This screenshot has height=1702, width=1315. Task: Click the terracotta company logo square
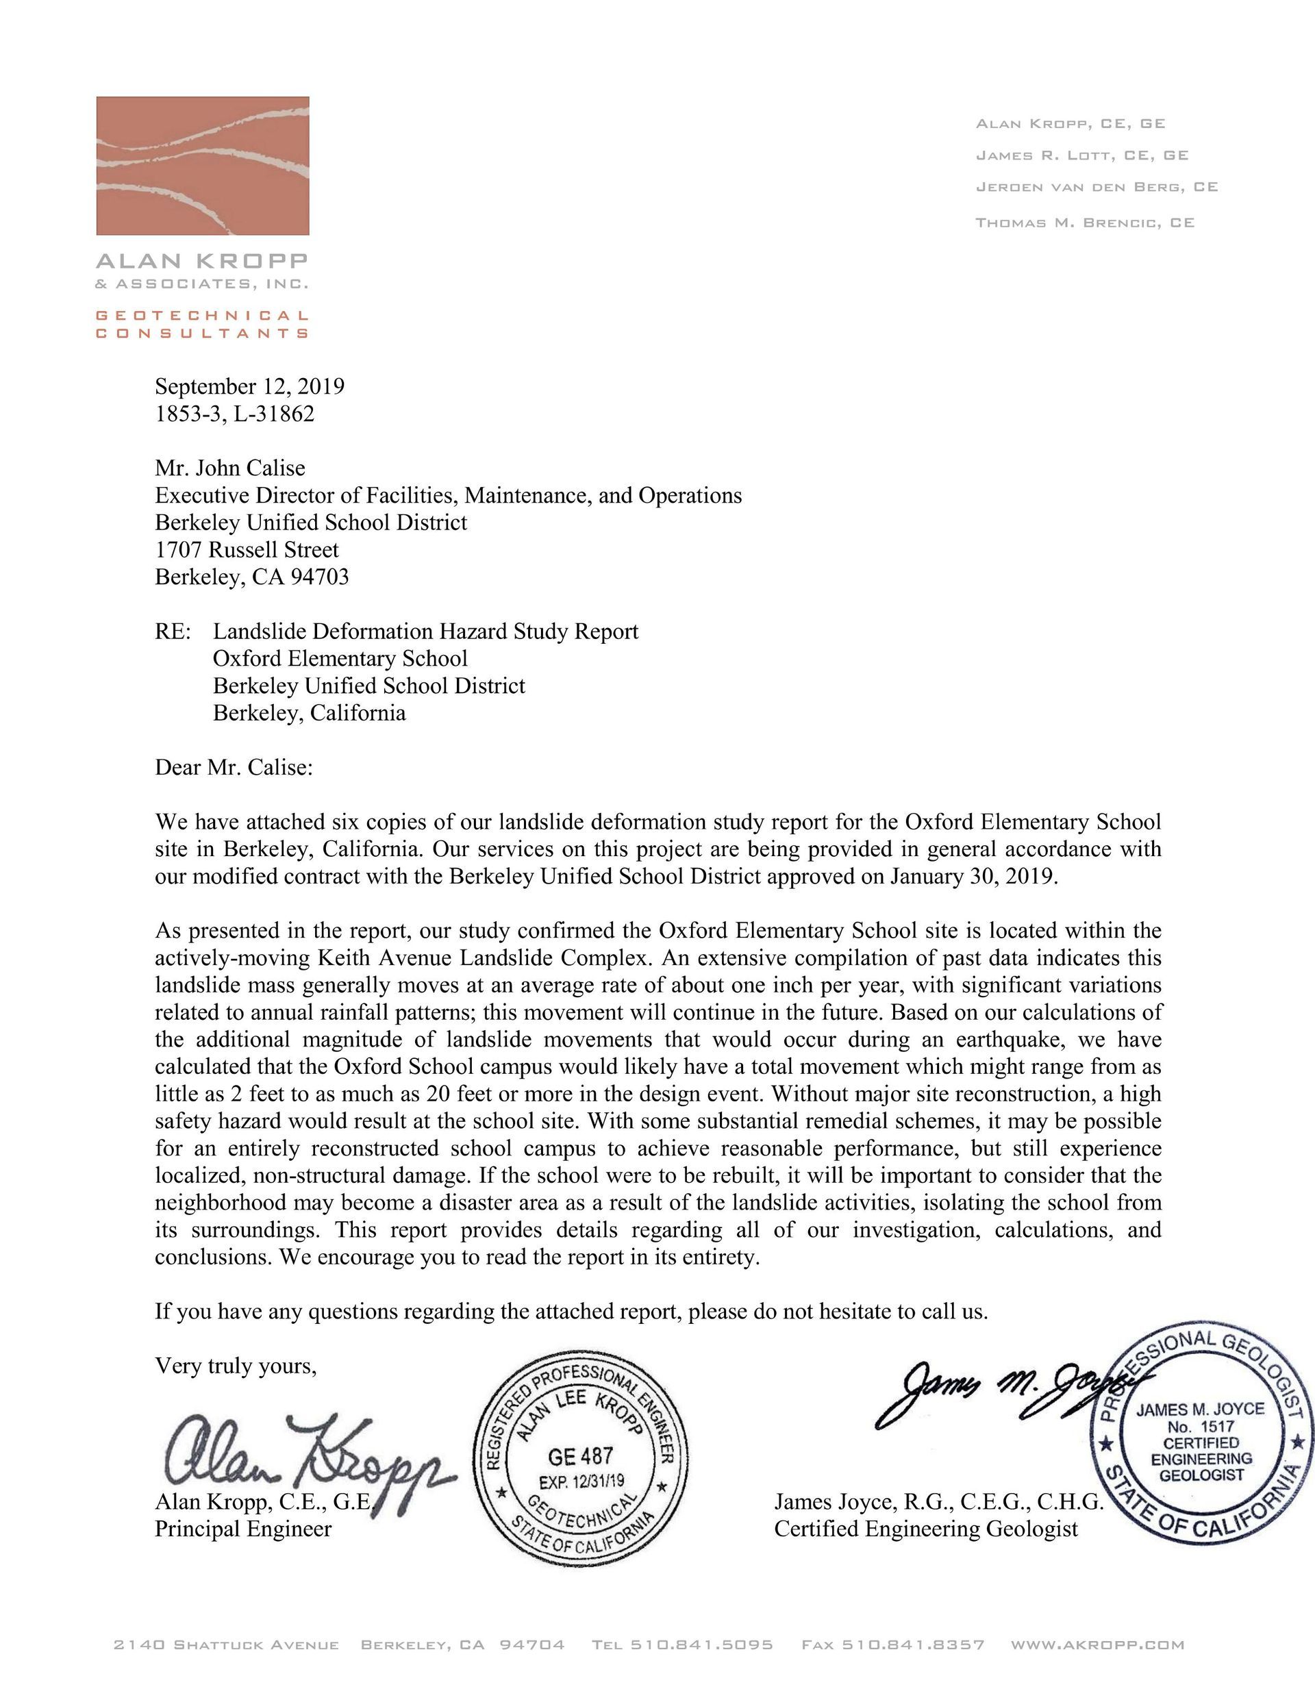tap(203, 165)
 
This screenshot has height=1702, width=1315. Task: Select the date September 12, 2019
tap(249, 386)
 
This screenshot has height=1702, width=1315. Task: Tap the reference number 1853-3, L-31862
tap(235, 414)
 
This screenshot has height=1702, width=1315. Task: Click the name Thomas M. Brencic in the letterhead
tap(1084, 223)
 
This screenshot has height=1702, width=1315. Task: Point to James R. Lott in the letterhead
tap(1082, 156)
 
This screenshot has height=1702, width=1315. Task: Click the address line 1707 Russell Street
tap(247, 550)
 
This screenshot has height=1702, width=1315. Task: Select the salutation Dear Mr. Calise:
tap(234, 768)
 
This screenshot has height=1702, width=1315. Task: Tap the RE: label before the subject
tap(173, 631)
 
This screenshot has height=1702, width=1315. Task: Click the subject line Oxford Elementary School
tap(340, 658)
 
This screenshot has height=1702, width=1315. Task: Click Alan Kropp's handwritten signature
tap(304, 1455)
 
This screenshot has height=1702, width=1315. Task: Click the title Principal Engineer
tap(243, 1529)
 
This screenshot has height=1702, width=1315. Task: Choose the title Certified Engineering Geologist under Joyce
tap(926, 1529)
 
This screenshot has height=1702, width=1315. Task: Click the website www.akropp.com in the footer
tap(1097, 1645)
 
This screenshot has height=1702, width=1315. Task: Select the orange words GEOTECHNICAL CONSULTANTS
tap(202, 324)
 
